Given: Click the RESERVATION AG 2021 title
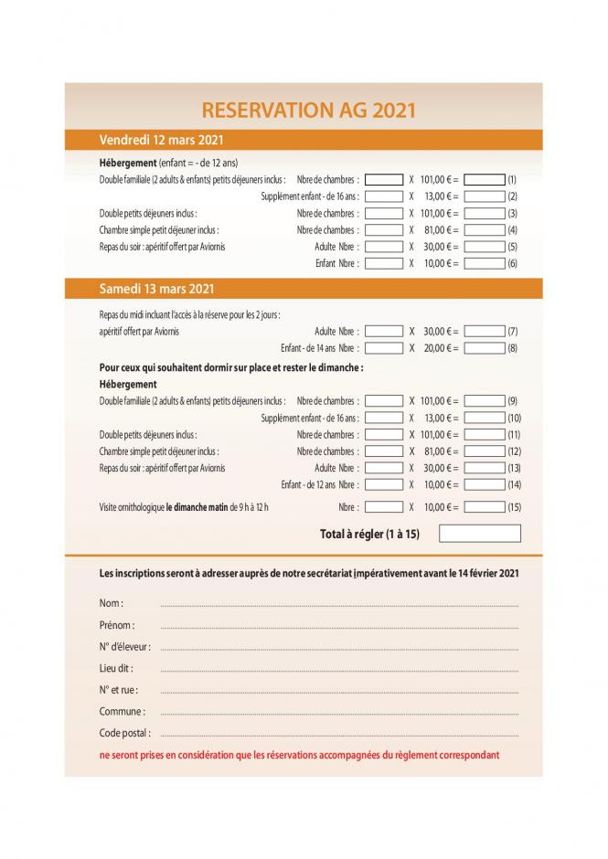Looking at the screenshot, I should pyautogui.click(x=308, y=110).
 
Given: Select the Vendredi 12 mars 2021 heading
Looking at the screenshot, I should pyautogui.click(x=161, y=140).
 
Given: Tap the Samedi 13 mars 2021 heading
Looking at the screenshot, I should pyautogui.click(x=156, y=289).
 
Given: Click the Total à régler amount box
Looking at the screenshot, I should pyautogui.click(x=479, y=534).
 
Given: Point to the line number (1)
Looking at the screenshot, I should pyautogui.click(x=512, y=180).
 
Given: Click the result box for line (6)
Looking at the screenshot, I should pyautogui.click(x=485, y=263).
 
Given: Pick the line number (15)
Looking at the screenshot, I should pyautogui.click(x=514, y=507).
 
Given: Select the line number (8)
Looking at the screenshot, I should pyautogui.click(x=512, y=348).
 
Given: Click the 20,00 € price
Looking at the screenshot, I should pyautogui.click(x=439, y=348).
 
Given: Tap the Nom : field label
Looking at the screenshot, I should pyautogui.click(x=111, y=604).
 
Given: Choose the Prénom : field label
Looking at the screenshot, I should pyautogui.click(x=116, y=626).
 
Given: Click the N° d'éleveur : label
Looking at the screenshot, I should pyautogui.click(x=124, y=647).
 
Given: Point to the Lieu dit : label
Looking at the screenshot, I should pyautogui.click(x=116, y=668).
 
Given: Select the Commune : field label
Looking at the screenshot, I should pyautogui.click(x=122, y=711).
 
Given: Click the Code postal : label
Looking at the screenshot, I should pyautogui.click(x=125, y=733).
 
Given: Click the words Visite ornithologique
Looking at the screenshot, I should pyautogui.click(x=132, y=507).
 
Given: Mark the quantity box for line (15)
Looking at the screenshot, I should pyautogui.click(x=383, y=507).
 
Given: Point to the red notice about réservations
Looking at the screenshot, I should pyautogui.click(x=300, y=756).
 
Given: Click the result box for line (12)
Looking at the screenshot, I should pyautogui.click(x=485, y=451).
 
